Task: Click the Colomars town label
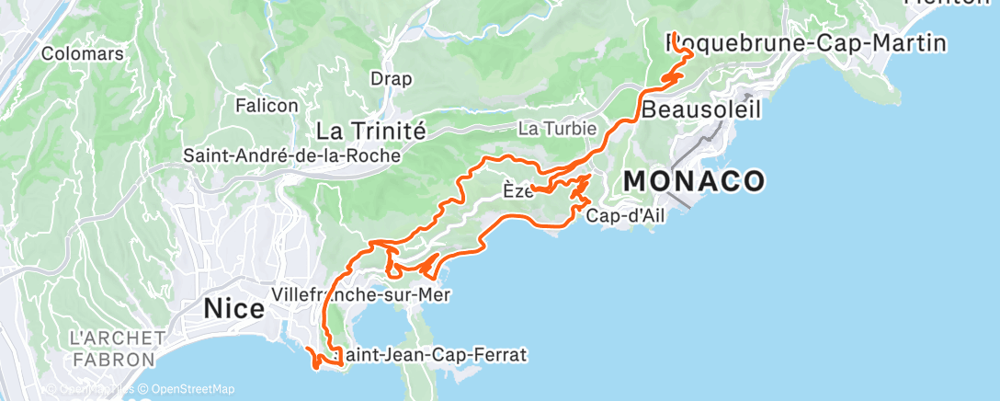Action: (83, 53)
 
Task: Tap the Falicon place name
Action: (267, 106)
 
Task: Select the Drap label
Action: (391, 78)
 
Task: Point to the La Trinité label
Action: (370, 131)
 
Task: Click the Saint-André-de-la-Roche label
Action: (292, 155)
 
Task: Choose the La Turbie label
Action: (557, 129)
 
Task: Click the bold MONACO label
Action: (694, 181)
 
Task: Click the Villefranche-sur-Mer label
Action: (360, 294)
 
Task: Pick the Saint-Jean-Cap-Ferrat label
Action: (432, 354)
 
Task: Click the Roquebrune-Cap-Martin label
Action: (805, 42)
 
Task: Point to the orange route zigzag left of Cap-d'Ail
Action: (581, 193)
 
